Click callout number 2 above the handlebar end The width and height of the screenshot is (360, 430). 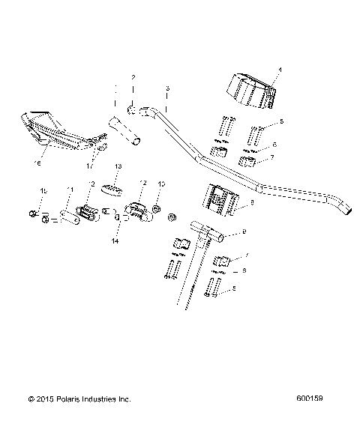(x=133, y=78)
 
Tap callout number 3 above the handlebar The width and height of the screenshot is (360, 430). (x=166, y=88)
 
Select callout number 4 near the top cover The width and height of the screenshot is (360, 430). (x=280, y=70)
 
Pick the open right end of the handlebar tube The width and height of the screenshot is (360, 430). (x=346, y=208)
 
